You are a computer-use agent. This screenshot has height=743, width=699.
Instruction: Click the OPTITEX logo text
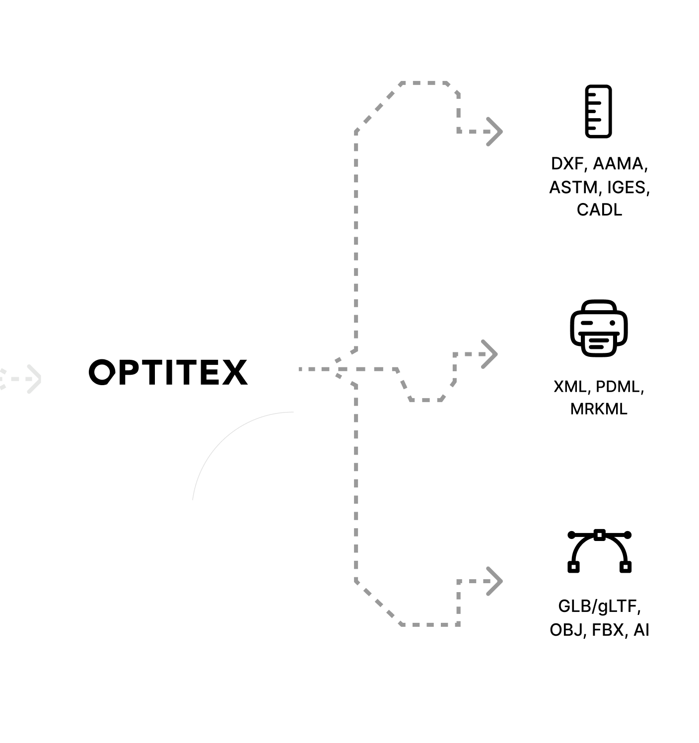[168, 372]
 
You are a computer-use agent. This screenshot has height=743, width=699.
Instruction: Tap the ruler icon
[598, 111]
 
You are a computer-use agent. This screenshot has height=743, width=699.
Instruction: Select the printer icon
[599, 328]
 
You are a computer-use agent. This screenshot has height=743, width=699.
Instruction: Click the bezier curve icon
[599, 551]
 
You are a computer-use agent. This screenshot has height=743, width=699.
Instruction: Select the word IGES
[628, 187]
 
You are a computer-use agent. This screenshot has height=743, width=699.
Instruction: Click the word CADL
[599, 209]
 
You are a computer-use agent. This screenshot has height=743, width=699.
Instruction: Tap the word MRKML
[599, 409]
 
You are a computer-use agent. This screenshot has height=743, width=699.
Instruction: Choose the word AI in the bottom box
[641, 630]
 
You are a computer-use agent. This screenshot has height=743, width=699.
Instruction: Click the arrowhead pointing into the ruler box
[494, 132]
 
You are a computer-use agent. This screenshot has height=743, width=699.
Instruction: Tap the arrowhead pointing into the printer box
[490, 354]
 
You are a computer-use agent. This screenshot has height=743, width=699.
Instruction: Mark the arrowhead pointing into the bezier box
[494, 581]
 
